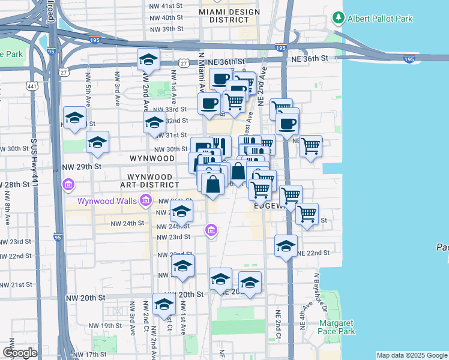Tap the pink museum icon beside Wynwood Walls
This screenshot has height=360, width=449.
click(x=145, y=200)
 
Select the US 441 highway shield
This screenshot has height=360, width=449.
click(x=31, y=87)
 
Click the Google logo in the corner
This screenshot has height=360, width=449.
click(x=20, y=353)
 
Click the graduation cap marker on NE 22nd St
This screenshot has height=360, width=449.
click(x=286, y=246)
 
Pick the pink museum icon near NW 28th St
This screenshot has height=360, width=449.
click(x=68, y=184)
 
